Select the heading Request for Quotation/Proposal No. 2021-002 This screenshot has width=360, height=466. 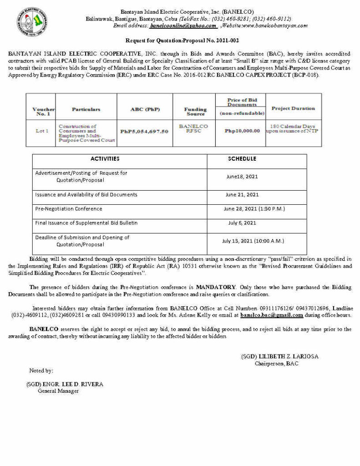click(x=182, y=41)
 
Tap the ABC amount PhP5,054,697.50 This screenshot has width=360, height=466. click(x=144, y=131)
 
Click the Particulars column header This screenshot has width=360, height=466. click(x=86, y=109)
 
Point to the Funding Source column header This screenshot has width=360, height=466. click(x=195, y=111)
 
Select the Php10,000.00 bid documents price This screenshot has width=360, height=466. click(x=242, y=131)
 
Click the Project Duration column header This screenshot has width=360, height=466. click(x=293, y=108)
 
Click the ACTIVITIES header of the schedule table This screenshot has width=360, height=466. click(x=105, y=159)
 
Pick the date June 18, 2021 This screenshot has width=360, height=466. click(x=242, y=177)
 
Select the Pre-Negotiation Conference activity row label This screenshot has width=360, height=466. click(x=69, y=209)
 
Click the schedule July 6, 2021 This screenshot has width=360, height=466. click(x=242, y=223)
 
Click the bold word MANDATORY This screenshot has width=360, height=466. click(x=216, y=287)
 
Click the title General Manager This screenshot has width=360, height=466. click(x=58, y=390)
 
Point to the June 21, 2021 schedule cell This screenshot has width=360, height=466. click(x=242, y=194)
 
